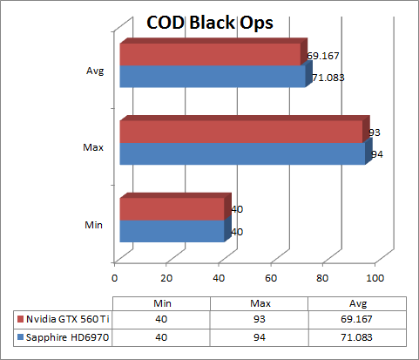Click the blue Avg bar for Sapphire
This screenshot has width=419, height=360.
(x=212, y=77)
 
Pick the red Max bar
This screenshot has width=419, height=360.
(x=240, y=132)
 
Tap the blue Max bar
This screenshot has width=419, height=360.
(x=241, y=153)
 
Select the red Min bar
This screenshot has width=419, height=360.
(x=172, y=209)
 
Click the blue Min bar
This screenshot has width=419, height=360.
(x=172, y=231)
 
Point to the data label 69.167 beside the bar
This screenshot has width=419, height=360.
(x=324, y=57)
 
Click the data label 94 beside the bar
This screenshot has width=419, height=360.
(x=377, y=155)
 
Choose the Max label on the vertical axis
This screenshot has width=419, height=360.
(x=94, y=148)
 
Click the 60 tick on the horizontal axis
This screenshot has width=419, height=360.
(x=271, y=279)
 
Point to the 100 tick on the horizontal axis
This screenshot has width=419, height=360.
(x=375, y=279)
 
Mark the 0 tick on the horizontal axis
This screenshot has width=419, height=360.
(x=115, y=279)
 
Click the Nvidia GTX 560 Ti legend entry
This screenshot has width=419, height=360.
(x=64, y=320)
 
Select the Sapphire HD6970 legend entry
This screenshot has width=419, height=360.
(x=64, y=336)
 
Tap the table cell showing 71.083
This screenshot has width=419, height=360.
(x=358, y=336)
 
